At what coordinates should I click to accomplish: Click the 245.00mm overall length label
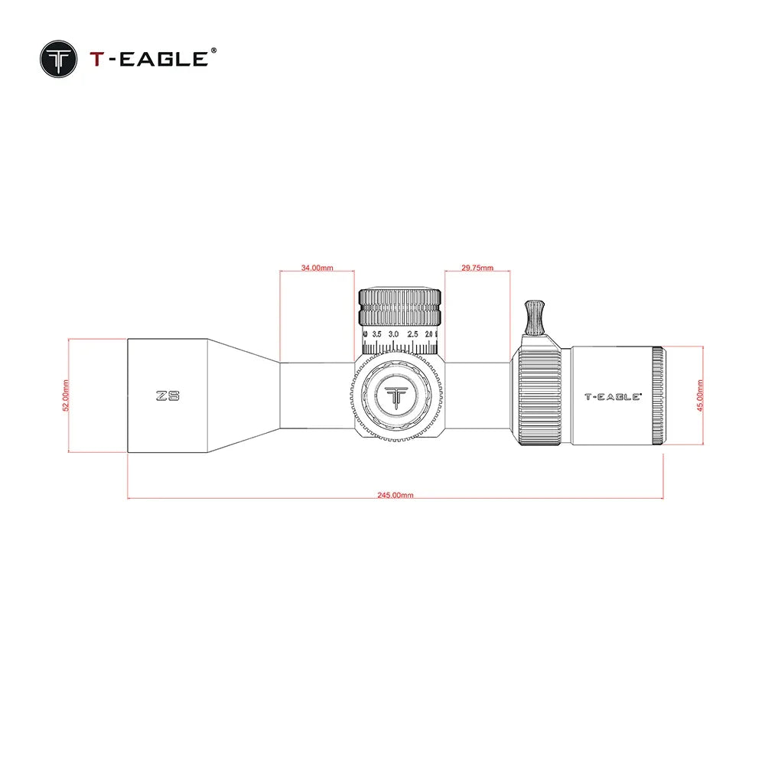[x=396, y=495]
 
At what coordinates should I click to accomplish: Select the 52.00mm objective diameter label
[x=66, y=396]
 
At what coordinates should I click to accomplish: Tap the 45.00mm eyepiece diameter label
[x=701, y=396]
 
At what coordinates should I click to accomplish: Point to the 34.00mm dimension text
[x=317, y=268]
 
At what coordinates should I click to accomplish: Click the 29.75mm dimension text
[x=477, y=268]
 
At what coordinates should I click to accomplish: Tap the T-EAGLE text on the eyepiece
[x=613, y=397]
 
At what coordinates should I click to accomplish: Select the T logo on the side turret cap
[x=398, y=397]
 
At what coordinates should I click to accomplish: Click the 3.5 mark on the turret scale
[x=376, y=334]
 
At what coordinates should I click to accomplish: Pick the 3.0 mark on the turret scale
[x=394, y=334]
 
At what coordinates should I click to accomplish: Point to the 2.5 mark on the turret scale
[x=412, y=334]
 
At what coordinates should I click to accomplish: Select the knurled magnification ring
[x=542, y=396]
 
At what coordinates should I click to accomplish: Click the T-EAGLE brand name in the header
[x=148, y=59]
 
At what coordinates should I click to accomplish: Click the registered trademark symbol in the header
[x=213, y=50]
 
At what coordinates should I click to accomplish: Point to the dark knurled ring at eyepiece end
[x=658, y=396]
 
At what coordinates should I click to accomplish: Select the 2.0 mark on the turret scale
[x=429, y=334]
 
